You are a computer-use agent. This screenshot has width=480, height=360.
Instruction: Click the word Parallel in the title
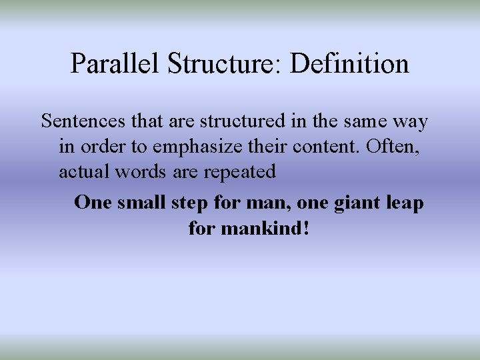pyautogui.click(x=116, y=64)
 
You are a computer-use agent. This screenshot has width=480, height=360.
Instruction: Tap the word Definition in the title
pyautogui.click(x=350, y=64)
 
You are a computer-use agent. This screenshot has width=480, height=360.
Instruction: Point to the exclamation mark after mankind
pyautogui.click(x=306, y=229)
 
